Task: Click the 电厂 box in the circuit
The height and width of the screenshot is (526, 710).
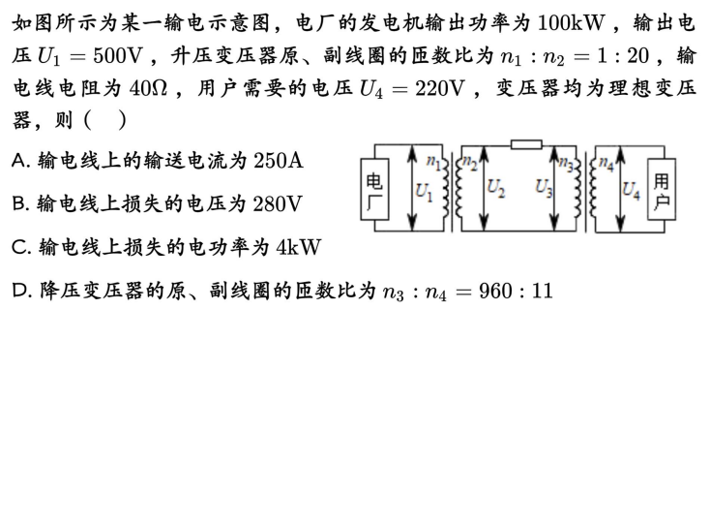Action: click(374, 191)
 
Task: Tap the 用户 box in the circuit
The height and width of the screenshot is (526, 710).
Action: click(662, 191)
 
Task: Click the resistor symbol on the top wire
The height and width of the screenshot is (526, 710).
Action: click(526, 146)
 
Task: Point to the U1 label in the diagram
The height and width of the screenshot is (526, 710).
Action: click(424, 191)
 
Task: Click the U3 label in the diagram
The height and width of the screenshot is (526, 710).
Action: click(545, 188)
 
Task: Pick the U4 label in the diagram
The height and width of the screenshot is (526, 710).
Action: click(631, 191)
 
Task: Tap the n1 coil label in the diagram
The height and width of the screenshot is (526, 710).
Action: click(434, 163)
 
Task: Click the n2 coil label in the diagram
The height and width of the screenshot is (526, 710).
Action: click(471, 163)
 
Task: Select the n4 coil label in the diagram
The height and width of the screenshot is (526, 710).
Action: click(606, 163)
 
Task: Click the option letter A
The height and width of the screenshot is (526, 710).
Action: click(19, 160)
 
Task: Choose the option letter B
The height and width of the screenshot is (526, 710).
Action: click(19, 203)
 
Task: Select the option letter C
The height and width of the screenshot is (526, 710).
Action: click(19, 247)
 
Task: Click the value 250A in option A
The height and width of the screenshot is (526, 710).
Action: click(278, 160)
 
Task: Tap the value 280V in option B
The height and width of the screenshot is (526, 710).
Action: click(278, 203)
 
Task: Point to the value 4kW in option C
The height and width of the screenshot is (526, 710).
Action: click(297, 247)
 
